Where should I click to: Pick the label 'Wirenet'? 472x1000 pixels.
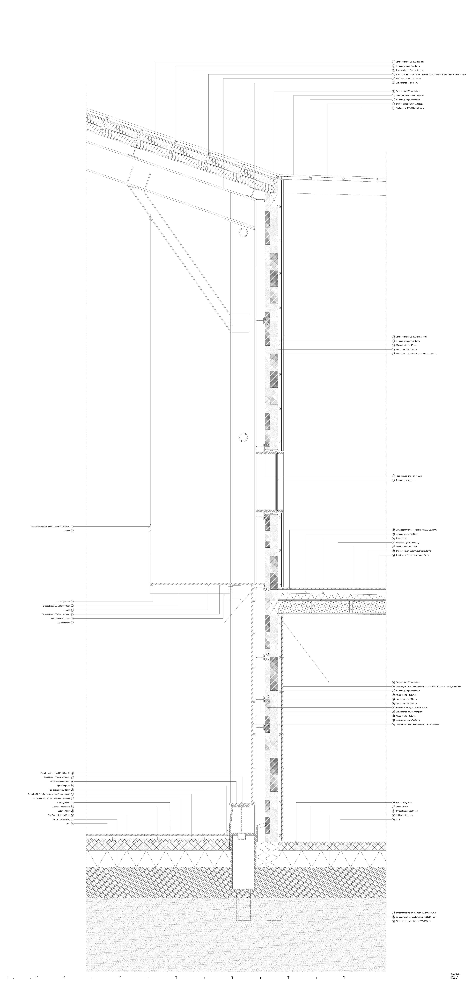point(66,530)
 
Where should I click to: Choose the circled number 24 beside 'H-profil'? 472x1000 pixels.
point(72,610)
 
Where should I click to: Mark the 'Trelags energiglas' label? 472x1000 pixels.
point(404,480)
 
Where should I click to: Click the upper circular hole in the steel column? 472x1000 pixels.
point(243,233)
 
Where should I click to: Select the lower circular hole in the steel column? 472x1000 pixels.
point(243,437)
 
